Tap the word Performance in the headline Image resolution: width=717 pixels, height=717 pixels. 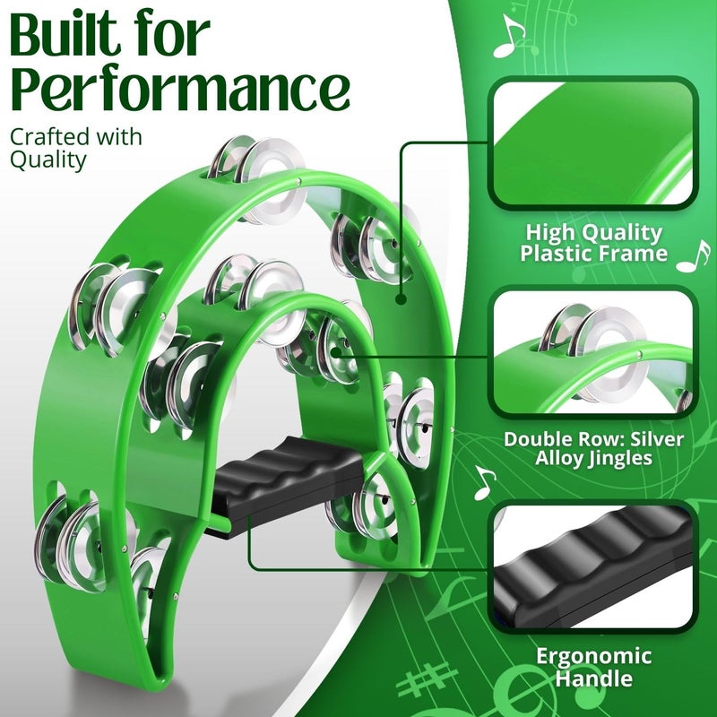[178, 90]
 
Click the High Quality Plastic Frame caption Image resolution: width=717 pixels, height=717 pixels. [592, 243]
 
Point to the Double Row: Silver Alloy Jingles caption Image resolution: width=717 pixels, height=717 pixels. [592, 449]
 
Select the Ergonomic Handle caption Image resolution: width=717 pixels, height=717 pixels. [592, 666]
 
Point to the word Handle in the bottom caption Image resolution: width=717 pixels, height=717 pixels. [592, 678]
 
